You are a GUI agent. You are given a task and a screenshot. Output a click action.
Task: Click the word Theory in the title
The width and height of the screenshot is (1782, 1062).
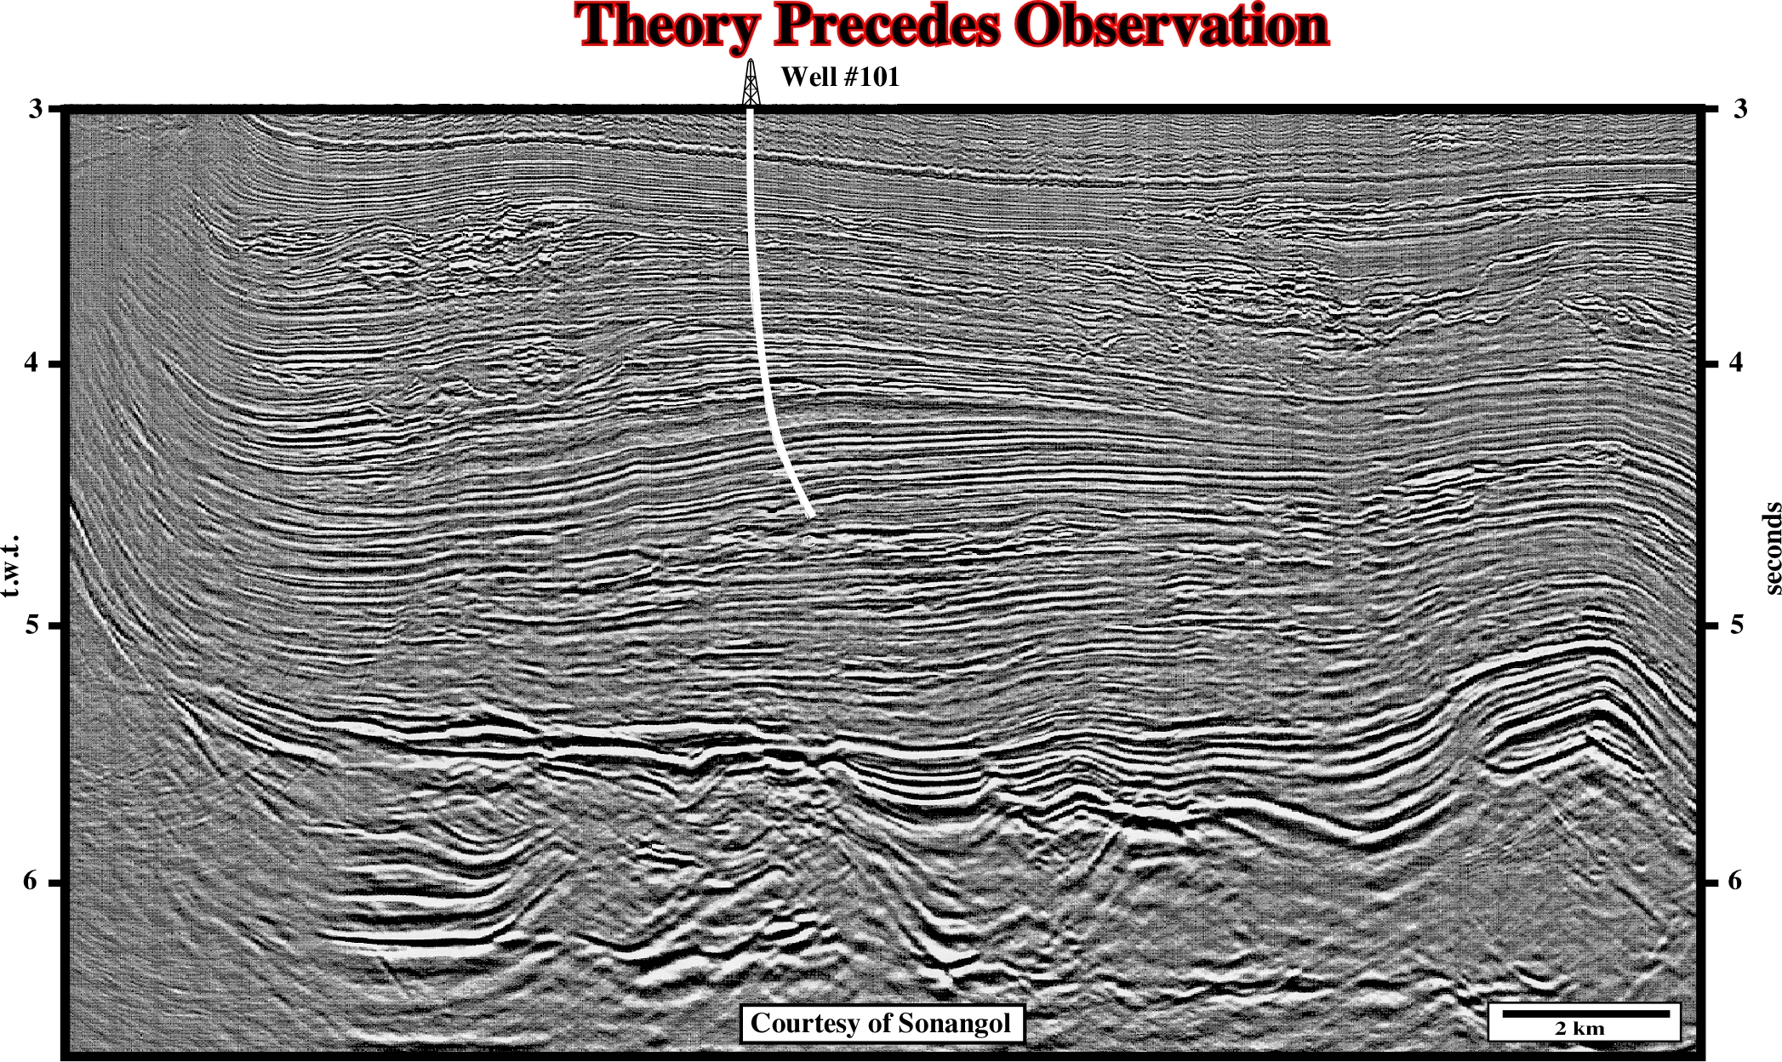[667, 26]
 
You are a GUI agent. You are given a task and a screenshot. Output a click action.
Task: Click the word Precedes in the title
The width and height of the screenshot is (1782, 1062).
[887, 25]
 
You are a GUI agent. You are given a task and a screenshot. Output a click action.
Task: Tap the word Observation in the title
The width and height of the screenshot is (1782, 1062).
[1171, 25]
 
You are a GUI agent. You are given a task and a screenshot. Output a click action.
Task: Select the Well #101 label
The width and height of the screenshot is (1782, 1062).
[840, 77]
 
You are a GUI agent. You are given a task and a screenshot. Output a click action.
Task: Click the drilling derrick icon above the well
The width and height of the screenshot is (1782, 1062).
[751, 82]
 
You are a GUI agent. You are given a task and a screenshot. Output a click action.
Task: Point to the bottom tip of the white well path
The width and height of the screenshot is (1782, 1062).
[811, 516]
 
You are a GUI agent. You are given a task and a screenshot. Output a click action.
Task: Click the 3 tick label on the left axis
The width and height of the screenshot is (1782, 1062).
[36, 108]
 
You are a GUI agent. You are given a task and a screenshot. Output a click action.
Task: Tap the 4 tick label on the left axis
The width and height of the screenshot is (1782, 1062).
[32, 363]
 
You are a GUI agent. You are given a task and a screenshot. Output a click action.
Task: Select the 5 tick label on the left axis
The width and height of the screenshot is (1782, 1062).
[33, 625]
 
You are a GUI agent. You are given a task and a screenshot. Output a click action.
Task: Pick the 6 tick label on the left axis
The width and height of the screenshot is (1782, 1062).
[31, 880]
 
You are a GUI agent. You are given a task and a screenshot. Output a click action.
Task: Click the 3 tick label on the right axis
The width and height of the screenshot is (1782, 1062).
[1740, 108]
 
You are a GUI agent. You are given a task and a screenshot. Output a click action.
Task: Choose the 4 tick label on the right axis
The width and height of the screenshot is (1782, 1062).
[1737, 363]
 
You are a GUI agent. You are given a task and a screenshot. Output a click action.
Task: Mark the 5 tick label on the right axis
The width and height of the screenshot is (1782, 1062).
[1737, 625]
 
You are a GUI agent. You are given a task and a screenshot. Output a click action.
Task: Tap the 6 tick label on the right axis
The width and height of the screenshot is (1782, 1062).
[1735, 880]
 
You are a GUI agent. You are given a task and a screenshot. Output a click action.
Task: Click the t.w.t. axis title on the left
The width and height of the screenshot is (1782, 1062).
[11, 566]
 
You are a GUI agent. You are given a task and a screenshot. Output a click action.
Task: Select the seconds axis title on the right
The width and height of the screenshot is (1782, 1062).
[1771, 548]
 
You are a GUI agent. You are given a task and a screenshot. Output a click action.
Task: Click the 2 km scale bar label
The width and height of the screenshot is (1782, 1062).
[1579, 1028]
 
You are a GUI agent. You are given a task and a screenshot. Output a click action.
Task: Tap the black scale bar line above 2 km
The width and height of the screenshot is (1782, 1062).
[1585, 1013]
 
